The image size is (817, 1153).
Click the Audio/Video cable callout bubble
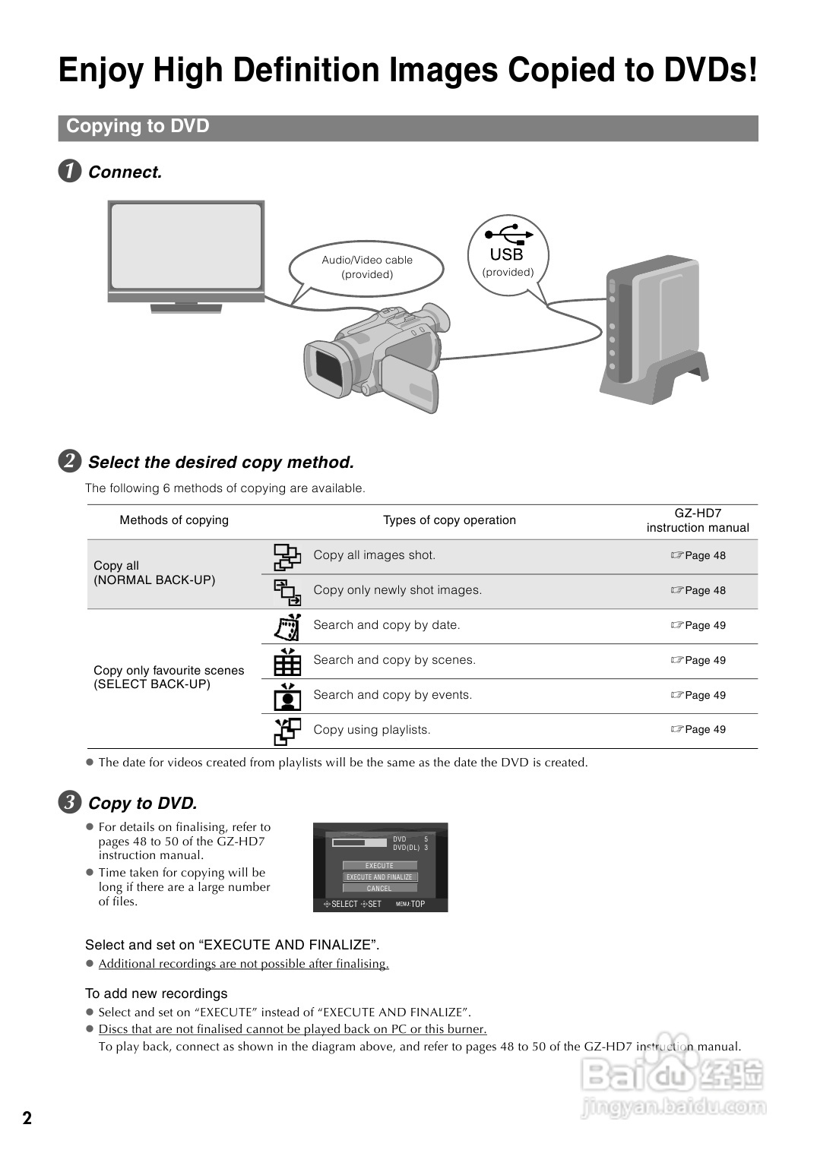click(366, 267)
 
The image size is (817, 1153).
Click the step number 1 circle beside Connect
click(70, 171)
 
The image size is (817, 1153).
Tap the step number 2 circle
click(70, 461)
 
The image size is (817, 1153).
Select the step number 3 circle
click(70, 802)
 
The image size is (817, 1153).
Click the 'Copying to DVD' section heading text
click(138, 127)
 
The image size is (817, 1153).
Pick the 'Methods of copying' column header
click(174, 520)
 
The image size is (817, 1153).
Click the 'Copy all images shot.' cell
click(374, 555)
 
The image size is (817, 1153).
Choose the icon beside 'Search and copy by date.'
click(287, 627)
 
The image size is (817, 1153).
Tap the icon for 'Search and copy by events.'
click(287, 696)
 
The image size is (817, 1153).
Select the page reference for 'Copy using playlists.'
click(698, 730)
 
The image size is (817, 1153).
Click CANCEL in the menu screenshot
click(379, 888)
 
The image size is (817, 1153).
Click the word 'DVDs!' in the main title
click(711, 71)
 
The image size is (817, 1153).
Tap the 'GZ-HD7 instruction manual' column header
click(698, 520)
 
